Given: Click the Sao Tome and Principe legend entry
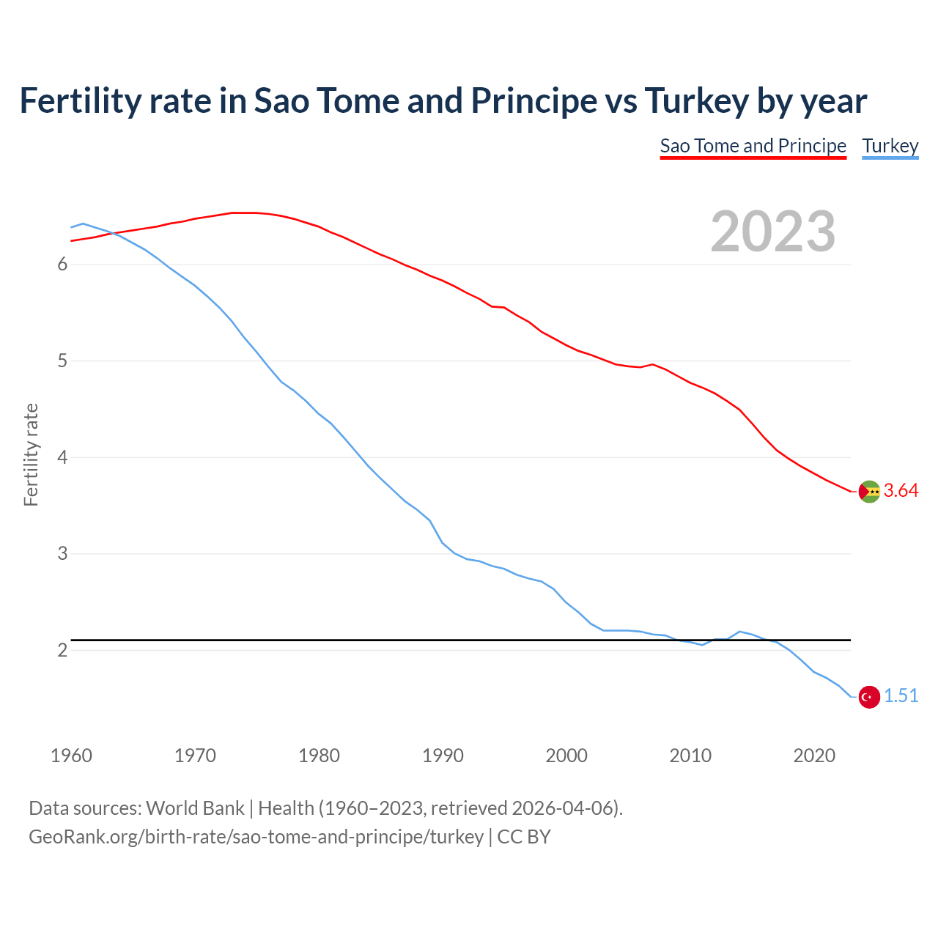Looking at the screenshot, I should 753,146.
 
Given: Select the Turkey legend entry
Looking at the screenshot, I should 890,146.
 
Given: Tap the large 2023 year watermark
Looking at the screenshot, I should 772,232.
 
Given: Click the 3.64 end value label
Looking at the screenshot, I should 901,491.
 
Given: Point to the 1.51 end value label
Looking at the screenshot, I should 901,696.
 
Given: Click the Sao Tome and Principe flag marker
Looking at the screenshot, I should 869,492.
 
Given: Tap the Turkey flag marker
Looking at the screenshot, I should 869,697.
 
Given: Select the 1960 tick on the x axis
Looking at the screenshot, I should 71,756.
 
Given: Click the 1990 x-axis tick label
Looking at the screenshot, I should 443,756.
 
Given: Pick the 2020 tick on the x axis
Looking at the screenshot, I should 814,756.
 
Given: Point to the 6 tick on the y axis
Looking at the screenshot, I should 62,265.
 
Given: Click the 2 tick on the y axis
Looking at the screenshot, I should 62,651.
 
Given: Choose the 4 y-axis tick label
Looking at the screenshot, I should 62,457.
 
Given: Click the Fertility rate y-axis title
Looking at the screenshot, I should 31,454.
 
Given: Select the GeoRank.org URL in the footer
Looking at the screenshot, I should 256,837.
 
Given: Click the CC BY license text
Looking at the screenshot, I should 524,837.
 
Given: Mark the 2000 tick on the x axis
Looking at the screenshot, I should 566,756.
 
